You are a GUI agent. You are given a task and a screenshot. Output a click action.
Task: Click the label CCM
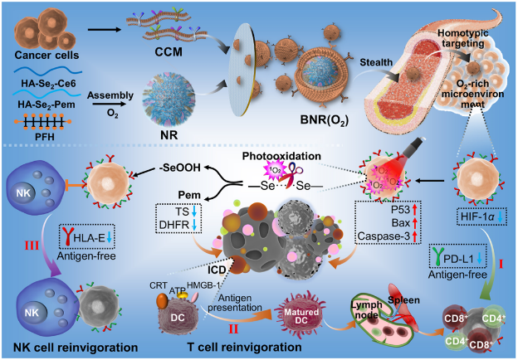169,51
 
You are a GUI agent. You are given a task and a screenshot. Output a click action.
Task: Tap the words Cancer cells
46,55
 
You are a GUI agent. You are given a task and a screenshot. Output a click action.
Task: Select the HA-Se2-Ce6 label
48,84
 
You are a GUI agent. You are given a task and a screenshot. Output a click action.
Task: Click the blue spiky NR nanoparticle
169,100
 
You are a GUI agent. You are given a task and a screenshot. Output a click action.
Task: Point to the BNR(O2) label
324,119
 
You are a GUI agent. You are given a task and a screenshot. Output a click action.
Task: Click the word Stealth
376,62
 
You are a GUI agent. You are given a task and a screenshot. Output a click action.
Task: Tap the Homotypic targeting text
462,38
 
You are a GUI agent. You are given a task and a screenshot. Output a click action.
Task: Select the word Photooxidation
281,156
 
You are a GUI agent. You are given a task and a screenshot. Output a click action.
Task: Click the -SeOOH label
178,168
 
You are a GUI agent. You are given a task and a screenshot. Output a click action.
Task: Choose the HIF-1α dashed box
482,216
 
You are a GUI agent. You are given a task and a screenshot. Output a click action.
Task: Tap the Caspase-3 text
384,236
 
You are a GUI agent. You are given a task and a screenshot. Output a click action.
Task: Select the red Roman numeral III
32,246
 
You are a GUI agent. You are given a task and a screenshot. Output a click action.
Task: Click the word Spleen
403,300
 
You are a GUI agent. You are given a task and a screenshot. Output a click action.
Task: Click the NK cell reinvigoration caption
76,347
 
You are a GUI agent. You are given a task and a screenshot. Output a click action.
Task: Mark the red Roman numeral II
234,329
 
